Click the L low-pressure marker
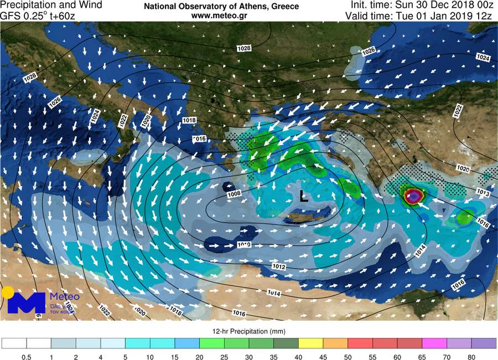click(303, 196)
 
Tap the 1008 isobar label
click(234, 194)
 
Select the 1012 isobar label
click(278, 267)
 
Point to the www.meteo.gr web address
click(221, 16)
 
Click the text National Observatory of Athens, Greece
click(221, 7)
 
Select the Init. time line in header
click(421, 6)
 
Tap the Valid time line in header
click(418, 16)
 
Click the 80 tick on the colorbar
click(471, 358)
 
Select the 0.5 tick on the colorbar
click(26, 358)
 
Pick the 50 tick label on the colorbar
click(348, 358)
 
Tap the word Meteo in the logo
click(65, 297)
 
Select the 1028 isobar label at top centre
click(243, 49)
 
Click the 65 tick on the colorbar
click(422, 358)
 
